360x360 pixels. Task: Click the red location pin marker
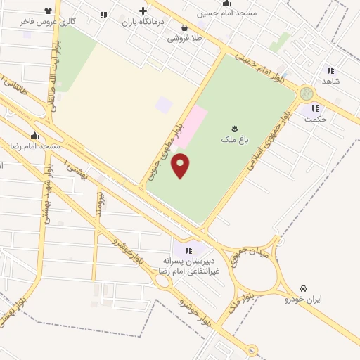tap(181, 165)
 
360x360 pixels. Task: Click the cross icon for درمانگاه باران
tap(143, 11)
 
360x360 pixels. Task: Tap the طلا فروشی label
tap(184, 39)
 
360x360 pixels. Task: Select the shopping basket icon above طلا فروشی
tap(184, 28)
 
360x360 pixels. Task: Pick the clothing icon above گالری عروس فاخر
tap(48, 11)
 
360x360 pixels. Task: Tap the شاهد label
tap(330, 81)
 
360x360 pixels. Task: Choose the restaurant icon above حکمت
tap(316, 108)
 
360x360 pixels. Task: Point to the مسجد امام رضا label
tap(34, 146)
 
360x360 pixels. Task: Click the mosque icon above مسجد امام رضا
tap(34, 135)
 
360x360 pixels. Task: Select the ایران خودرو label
tap(303, 300)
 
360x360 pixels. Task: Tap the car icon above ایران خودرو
tap(303, 288)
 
